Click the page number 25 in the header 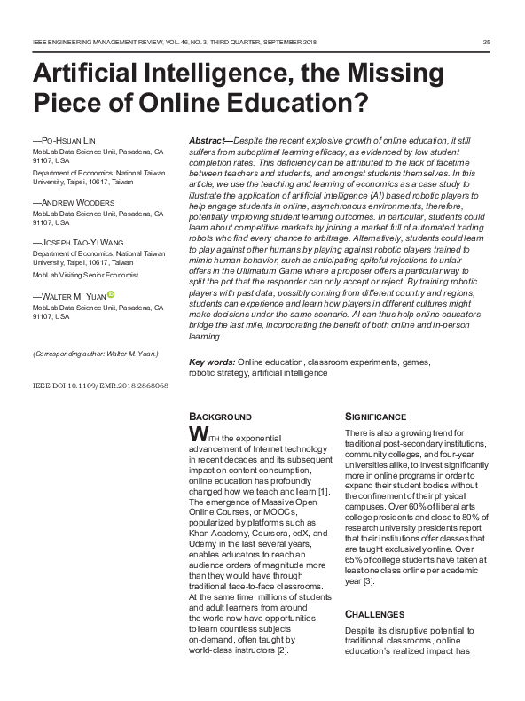tap(487, 43)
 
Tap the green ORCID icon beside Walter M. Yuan tap(113, 295)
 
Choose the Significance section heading tap(375, 417)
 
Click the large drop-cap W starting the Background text tap(200, 434)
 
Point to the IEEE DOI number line tap(99, 387)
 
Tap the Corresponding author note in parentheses tap(94, 354)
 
